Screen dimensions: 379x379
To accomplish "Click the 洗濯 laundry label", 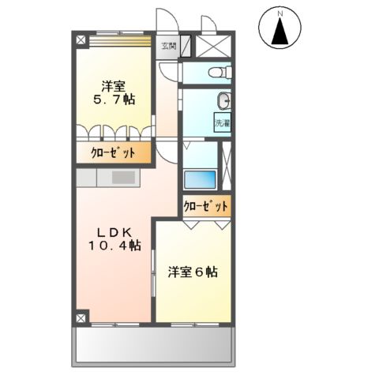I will coord(223,122).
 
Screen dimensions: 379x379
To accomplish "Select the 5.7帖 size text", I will coord(114,100).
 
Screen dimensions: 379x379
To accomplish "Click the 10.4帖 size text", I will coord(114,246).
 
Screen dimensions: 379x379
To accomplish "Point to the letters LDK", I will coord(114,231).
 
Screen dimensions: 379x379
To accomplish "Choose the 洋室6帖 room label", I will coord(193,272).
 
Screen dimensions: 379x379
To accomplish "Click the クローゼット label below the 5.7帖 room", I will coord(113,153).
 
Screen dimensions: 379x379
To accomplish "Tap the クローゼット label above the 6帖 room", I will coord(206,206).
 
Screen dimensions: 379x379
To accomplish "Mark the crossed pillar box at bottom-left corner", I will coord(82,317).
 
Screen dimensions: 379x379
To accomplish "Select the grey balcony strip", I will coord(154,344).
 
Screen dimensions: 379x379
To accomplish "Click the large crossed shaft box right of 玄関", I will coord(214,45).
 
